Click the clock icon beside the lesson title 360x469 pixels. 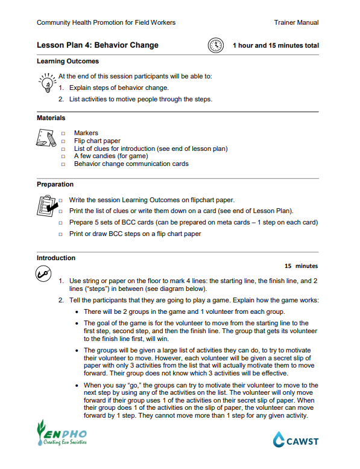coord(215,45)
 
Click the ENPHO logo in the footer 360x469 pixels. coord(61,432)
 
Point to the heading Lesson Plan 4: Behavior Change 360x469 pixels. coord(98,45)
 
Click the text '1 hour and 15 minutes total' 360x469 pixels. coord(276,46)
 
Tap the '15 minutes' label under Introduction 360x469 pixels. coord(301,266)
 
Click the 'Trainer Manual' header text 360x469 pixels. coord(296,23)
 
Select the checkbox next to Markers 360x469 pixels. coord(63,133)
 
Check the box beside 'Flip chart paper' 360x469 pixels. coord(63,141)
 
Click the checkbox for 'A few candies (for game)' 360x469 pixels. coord(63,156)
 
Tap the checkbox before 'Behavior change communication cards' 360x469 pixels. coord(63,164)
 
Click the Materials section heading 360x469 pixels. coord(51,118)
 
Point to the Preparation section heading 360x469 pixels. coord(55,185)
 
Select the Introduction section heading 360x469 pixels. coord(56,258)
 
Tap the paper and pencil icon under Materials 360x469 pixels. coord(46,139)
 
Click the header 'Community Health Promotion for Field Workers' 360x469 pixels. coord(106,23)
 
